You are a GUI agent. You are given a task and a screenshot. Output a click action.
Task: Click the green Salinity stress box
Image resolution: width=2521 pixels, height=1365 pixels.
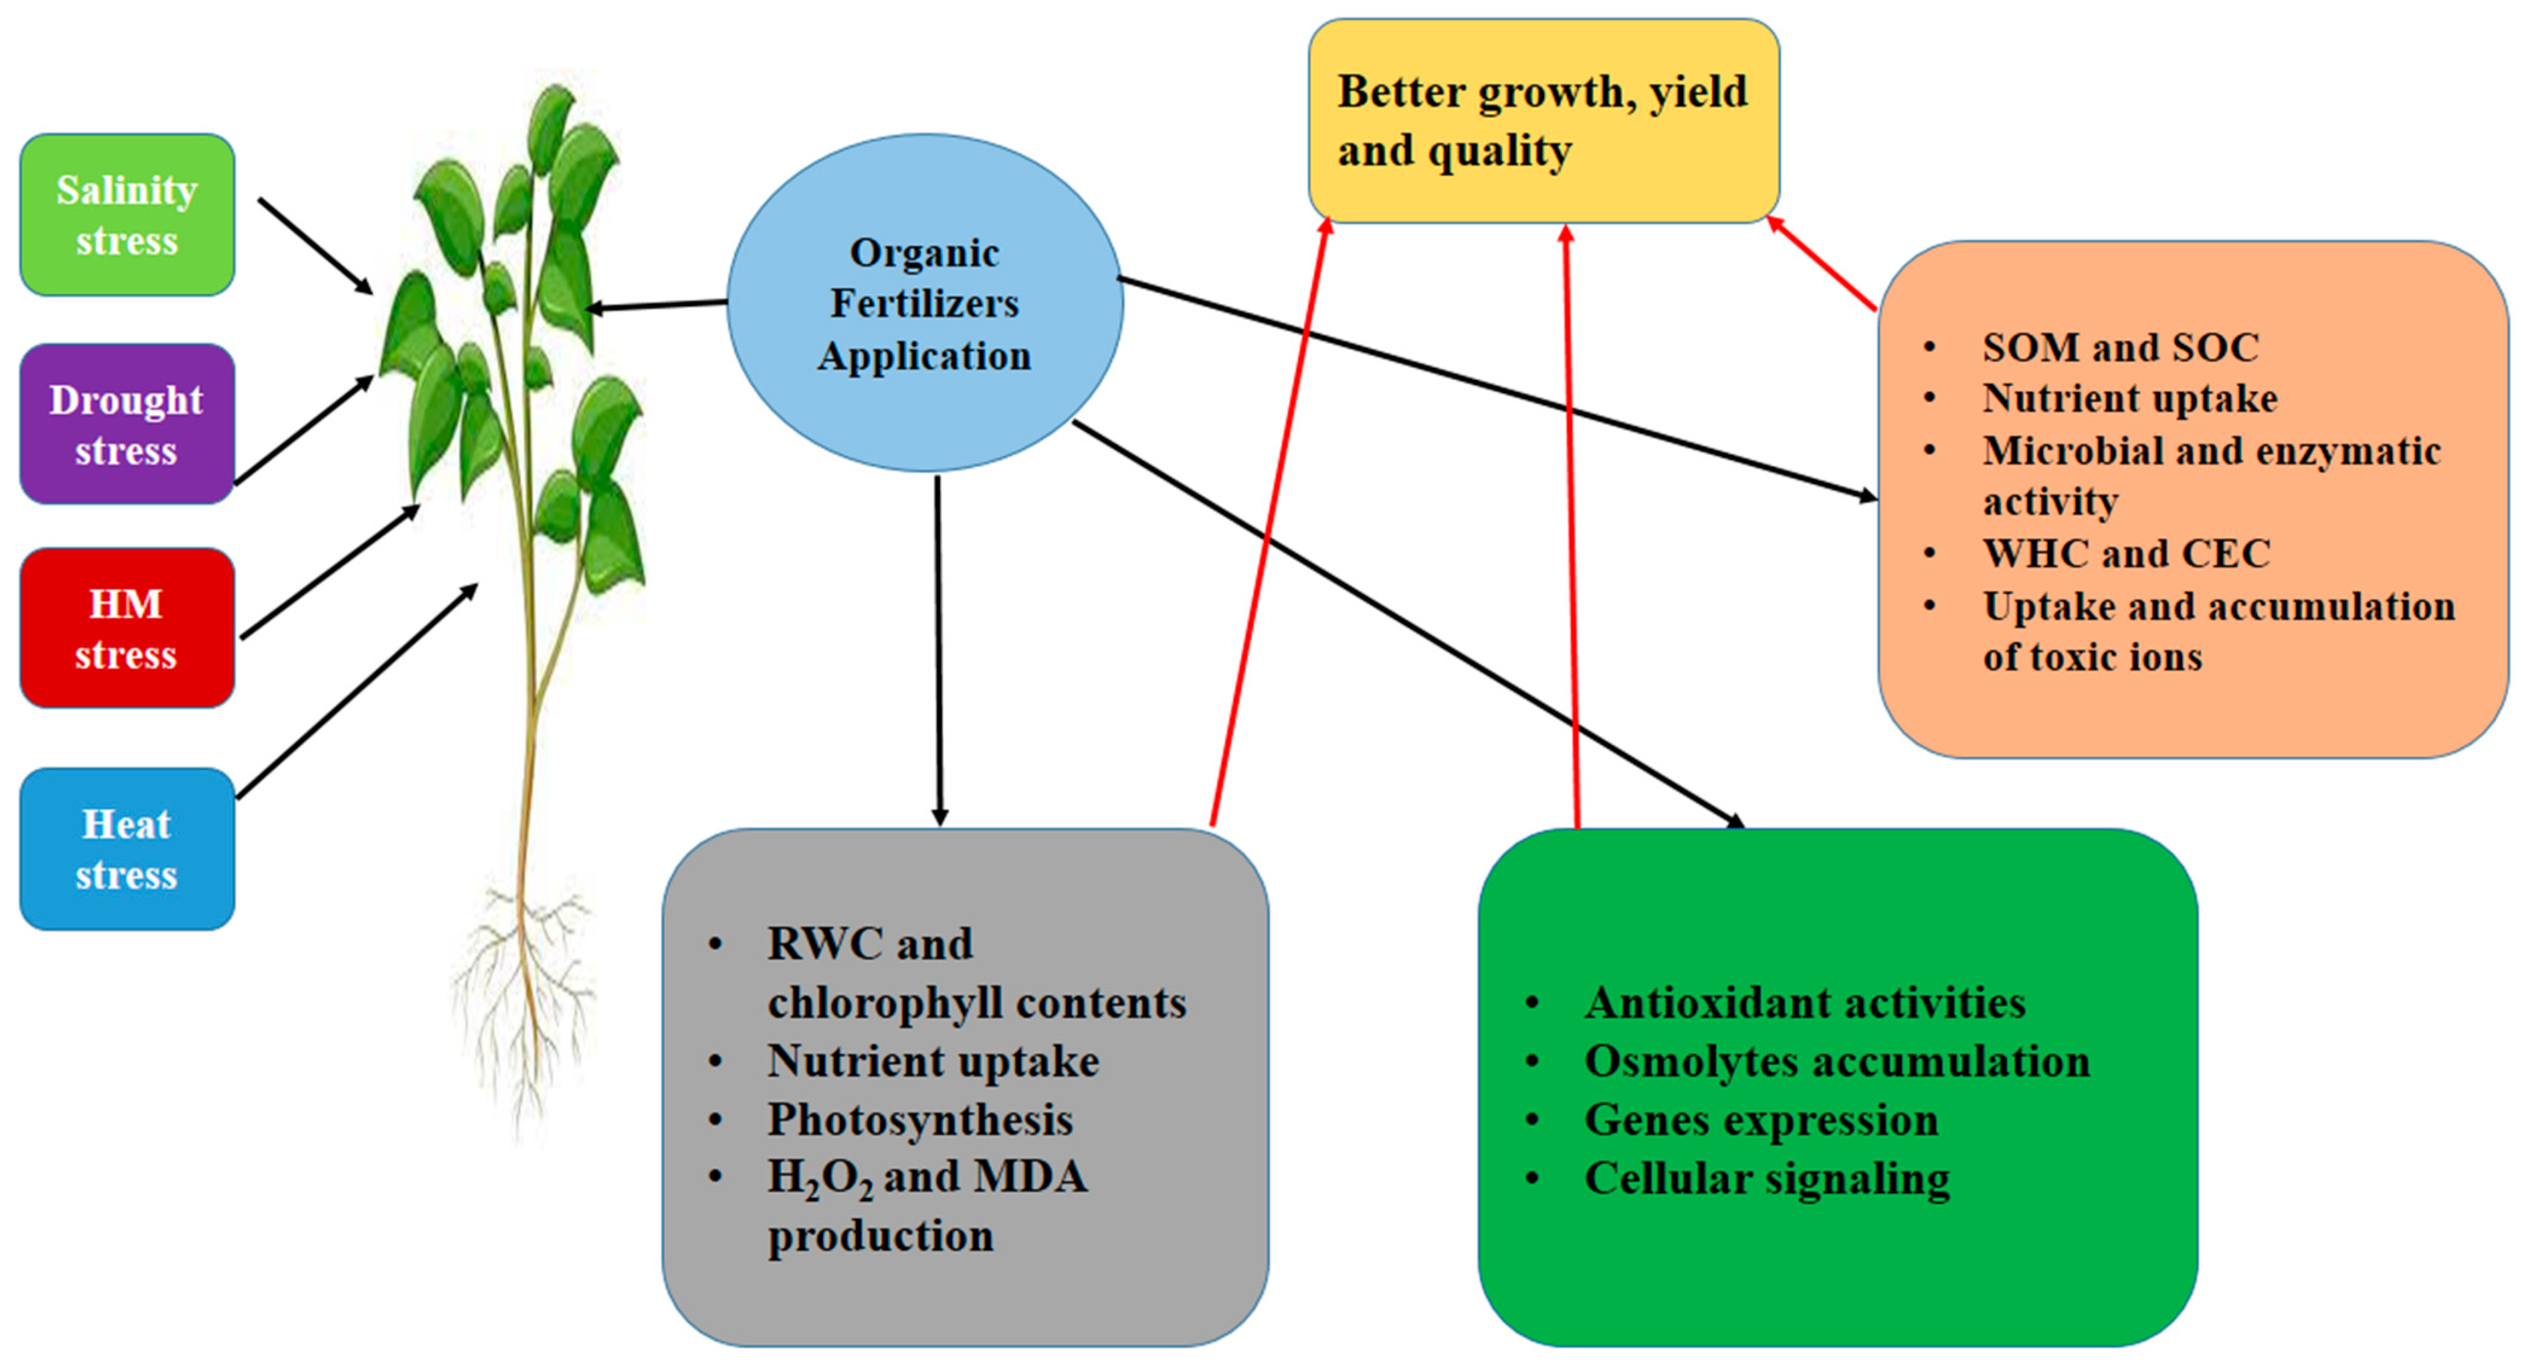pos(127,215)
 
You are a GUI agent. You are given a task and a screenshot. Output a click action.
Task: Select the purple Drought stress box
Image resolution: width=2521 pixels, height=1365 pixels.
pos(127,425)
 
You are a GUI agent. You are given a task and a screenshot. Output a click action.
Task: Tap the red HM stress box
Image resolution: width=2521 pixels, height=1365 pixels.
pos(127,628)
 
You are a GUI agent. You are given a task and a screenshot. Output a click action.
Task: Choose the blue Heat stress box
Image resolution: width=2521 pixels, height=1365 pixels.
pos(127,849)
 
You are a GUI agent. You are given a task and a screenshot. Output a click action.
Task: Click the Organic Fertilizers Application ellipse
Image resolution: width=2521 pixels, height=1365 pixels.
pos(925,303)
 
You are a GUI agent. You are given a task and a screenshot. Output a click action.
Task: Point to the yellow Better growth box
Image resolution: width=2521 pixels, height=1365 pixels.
pos(1543,120)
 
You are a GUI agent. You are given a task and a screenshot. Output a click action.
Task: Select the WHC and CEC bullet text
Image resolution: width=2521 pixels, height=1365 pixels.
pos(2125,554)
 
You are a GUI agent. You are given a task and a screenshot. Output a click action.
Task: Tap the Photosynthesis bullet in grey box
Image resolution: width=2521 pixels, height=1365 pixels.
pos(920,1119)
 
